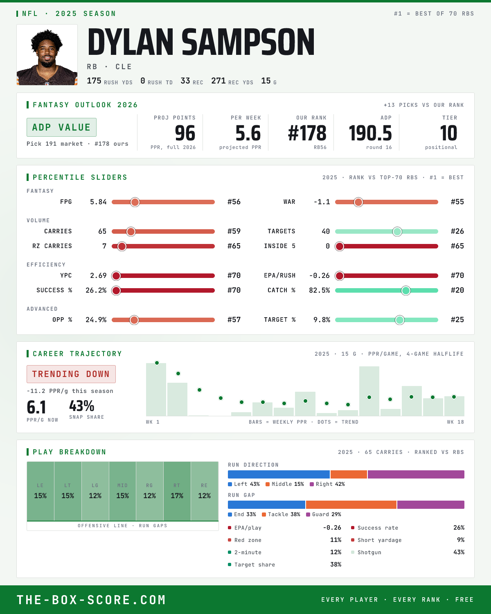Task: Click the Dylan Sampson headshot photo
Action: (x=47, y=55)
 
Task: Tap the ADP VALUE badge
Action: (x=61, y=127)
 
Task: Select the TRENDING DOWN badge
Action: (x=71, y=374)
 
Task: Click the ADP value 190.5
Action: (x=370, y=133)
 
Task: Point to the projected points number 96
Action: (x=185, y=133)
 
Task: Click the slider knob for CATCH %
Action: (x=406, y=291)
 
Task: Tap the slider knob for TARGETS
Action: (x=397, y=231)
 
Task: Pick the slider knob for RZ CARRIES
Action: (x=122, y=246)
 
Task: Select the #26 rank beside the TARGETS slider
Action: (x=457, y=231)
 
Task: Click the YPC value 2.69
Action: (x=98, y=275)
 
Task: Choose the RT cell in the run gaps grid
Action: (x=177, y=491)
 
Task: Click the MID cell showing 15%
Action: (x=122, y=491)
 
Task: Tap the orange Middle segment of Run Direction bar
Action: (x=349, y=474)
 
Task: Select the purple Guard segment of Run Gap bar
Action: (x=431, y=505)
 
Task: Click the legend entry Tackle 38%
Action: (x=281, y=515)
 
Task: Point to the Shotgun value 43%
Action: (x=459, y=552)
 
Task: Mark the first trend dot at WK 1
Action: (x=157, y=363)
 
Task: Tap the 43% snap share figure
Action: (x=81, y=406)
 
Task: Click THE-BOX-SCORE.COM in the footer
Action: (x=91, y=600)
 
